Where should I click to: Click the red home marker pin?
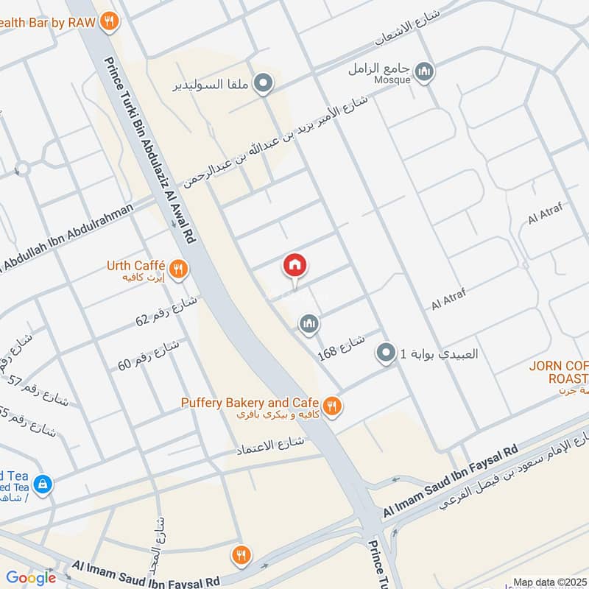295,265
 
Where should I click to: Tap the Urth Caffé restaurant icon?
177,270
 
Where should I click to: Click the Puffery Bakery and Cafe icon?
332,406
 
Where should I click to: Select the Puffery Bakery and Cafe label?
250,403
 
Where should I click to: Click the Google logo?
31,578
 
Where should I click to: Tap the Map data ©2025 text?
549,582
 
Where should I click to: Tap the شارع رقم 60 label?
149,354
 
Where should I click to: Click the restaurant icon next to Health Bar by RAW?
110,21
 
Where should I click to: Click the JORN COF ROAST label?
560,372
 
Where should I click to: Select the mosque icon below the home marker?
308,323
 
